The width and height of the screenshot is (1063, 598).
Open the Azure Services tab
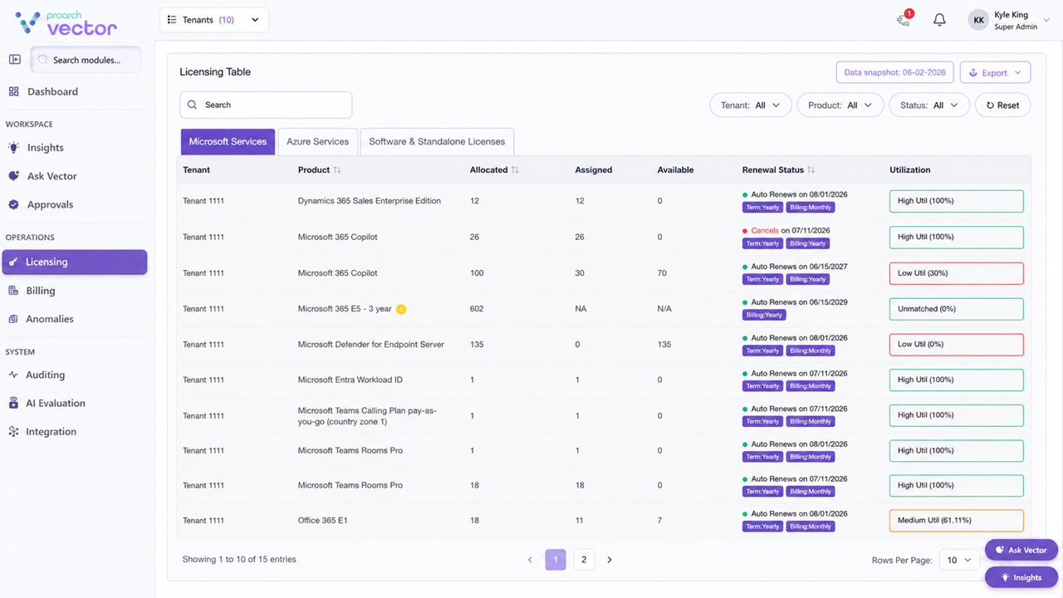tap(317, 141)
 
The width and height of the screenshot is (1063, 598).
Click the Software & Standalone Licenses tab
tap(437, 141)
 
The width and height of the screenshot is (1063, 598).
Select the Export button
tap(995, 72)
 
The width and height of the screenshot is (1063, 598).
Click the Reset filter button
tap(1002, 105)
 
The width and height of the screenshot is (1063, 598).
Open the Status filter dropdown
tap(928, 105)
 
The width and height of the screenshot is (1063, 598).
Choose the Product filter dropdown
tap(840, 105)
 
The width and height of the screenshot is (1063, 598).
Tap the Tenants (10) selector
tap(214, 20)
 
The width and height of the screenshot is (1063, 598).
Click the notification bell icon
tap(939, 20)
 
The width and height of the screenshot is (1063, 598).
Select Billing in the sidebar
tap(41, 291)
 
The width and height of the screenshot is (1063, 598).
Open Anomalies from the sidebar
tap(49, 319)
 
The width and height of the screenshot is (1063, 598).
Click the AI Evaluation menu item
tap(55, 403)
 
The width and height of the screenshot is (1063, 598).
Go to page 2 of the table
tap(584, 560)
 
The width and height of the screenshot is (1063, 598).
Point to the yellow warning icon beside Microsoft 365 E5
tap(401, 310)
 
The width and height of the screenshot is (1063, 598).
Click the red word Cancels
tap(765, 231)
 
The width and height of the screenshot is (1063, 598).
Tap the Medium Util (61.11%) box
tap(956, 521)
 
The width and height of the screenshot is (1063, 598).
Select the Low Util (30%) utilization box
tap(956, 273)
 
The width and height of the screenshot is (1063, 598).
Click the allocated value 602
tap(477, 309)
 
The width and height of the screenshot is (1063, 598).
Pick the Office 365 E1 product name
tap(323, 521)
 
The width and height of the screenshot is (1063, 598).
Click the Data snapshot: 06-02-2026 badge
tap(894, 72)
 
